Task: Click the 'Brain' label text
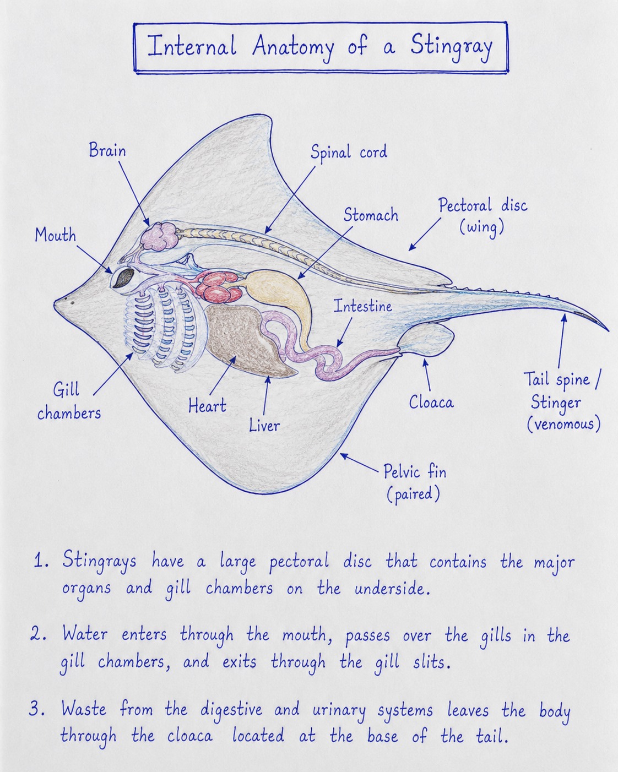point(107,150)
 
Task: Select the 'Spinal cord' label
point(349,152)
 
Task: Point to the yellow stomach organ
point(281,297)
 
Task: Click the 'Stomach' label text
point(371,215)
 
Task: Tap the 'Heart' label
point(208,405)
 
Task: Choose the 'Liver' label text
point(264,425)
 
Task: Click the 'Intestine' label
point(363,306)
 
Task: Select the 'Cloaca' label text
point(431,402)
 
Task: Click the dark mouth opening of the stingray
point(124,278)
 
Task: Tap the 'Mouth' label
point(56,235)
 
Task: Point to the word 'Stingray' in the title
point(451,48)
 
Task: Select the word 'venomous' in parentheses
point(564,425)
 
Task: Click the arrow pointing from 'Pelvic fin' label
point(359,463)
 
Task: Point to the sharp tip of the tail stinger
point(609,330)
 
